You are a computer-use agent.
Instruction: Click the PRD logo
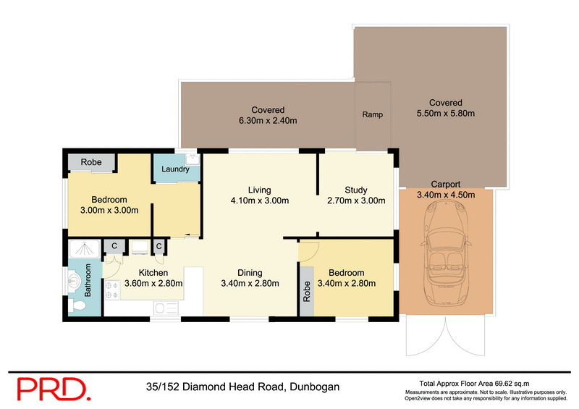click(x=54, y=388)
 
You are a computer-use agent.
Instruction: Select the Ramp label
click(x=372, y=115)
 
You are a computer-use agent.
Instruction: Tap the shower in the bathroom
click(x=85, y=250)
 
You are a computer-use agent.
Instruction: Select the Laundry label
click(x=175, y=169)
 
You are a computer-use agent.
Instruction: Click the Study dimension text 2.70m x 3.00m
click(x=356, y=201)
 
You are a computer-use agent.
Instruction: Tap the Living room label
click(x=259, y=189)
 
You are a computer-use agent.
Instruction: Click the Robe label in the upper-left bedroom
click(x=90, y=162)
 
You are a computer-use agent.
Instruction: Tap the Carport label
click(x=445, y=184)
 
